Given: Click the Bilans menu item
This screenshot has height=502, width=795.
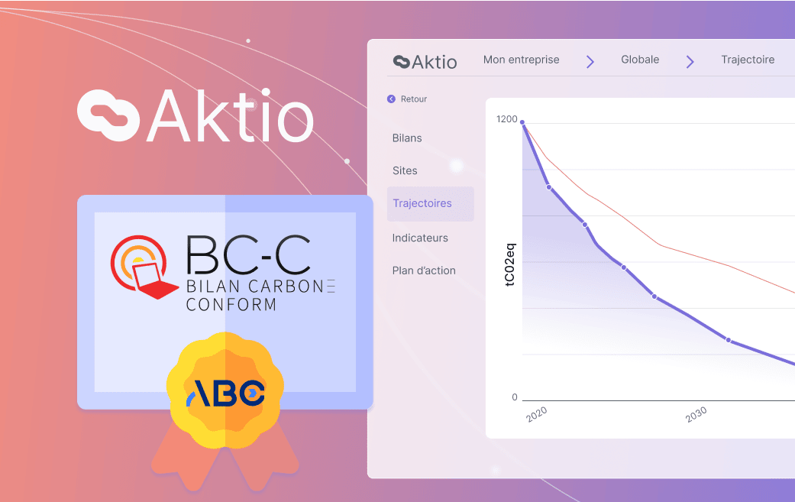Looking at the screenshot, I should click(407, 138).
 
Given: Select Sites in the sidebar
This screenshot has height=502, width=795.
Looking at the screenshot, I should click(405, 170).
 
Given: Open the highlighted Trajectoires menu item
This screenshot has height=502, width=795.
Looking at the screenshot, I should click(422, 203).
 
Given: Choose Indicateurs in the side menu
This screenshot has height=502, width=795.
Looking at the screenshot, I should click(420, 238).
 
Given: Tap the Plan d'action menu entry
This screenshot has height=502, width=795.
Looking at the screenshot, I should click(424, 270).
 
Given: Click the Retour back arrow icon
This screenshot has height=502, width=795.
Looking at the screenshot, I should click(391, 99).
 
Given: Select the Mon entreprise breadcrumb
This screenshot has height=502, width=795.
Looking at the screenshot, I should click(521, 60).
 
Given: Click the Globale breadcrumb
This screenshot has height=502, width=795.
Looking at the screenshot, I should click(640, 60).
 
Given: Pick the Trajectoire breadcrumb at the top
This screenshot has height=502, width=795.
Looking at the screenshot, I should click(748, 60).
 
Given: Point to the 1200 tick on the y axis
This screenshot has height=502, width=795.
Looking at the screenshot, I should click(506, 119).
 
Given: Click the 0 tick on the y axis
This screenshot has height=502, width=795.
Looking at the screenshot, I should click(515, 397).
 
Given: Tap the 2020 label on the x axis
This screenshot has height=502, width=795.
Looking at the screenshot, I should click(537, 413).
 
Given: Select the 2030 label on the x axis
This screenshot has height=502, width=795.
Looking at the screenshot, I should click(696, 414).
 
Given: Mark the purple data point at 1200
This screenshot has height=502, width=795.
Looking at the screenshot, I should click(522, 121).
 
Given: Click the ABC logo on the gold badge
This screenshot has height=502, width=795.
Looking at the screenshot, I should click(226, 392).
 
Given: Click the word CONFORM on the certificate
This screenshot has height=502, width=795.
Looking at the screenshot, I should click(231, 305).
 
